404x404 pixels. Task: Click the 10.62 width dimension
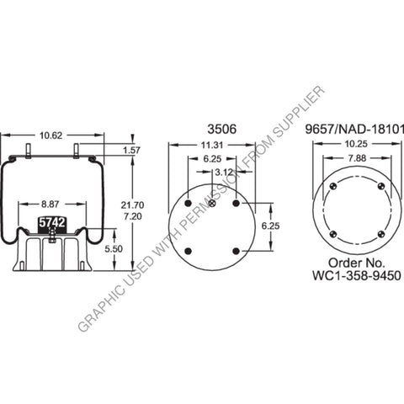point(52,134)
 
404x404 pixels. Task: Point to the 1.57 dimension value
point(130,150)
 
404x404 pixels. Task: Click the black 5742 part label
point(51,224)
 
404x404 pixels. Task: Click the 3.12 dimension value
point(224,173)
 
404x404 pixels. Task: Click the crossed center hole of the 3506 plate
point(213,202)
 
